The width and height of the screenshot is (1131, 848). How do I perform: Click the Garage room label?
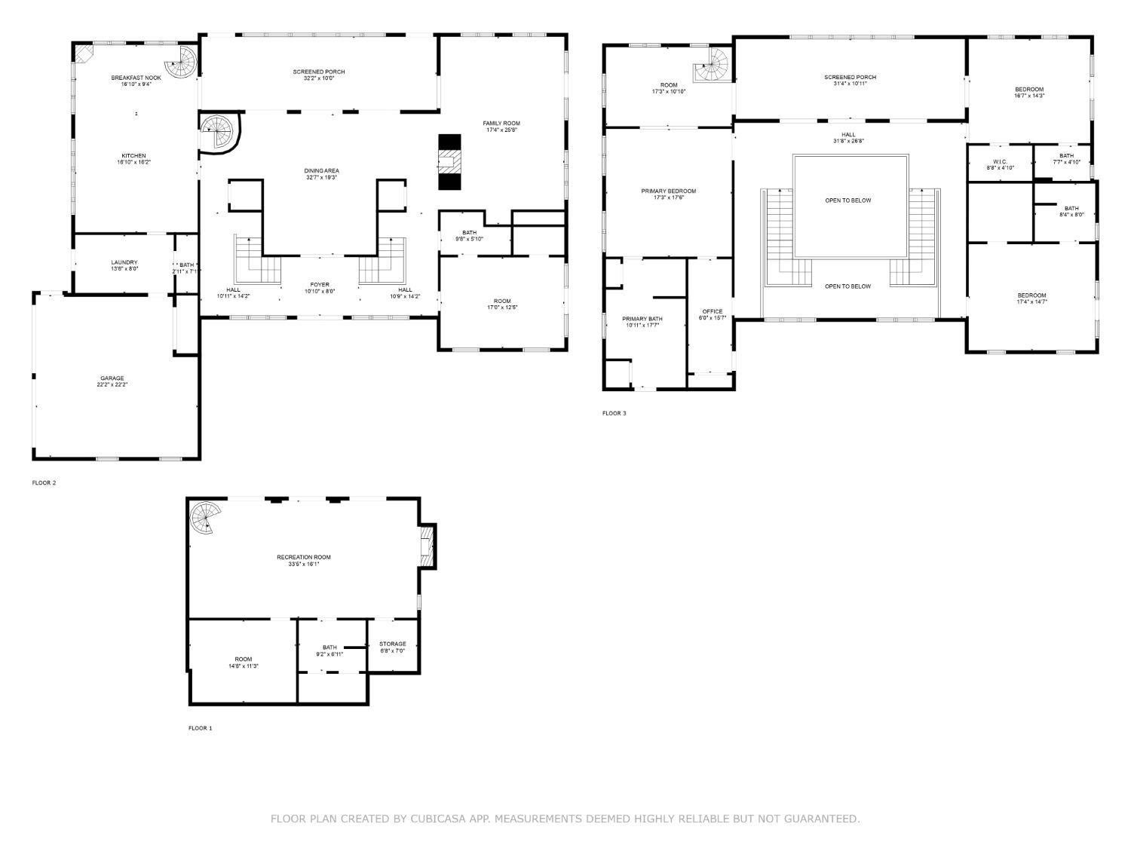coord(112,378)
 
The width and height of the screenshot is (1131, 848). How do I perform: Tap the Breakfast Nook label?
coord(136,78)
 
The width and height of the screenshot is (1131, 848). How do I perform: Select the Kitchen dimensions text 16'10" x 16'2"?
coord(133,162)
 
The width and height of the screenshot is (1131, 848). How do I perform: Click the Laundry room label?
coord(124,262)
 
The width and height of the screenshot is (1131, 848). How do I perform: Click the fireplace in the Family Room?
coord(449,162)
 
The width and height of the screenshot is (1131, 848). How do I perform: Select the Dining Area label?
coord(322,171)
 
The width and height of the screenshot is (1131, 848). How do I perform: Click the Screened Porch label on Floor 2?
coord(319,72)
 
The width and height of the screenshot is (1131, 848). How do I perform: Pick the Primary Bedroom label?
coord(668,191)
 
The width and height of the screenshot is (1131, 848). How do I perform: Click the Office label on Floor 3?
coord(712,311)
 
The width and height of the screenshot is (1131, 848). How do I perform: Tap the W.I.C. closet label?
coord(1000,161)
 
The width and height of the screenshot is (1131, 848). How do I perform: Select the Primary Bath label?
coord(642,319)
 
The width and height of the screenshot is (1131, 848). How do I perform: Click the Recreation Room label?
coord(303,557)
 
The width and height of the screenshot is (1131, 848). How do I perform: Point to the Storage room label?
coord(392,644)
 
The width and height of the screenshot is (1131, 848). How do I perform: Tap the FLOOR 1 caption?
coord(200,728)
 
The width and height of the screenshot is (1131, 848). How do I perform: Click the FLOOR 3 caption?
coord(614,413)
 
